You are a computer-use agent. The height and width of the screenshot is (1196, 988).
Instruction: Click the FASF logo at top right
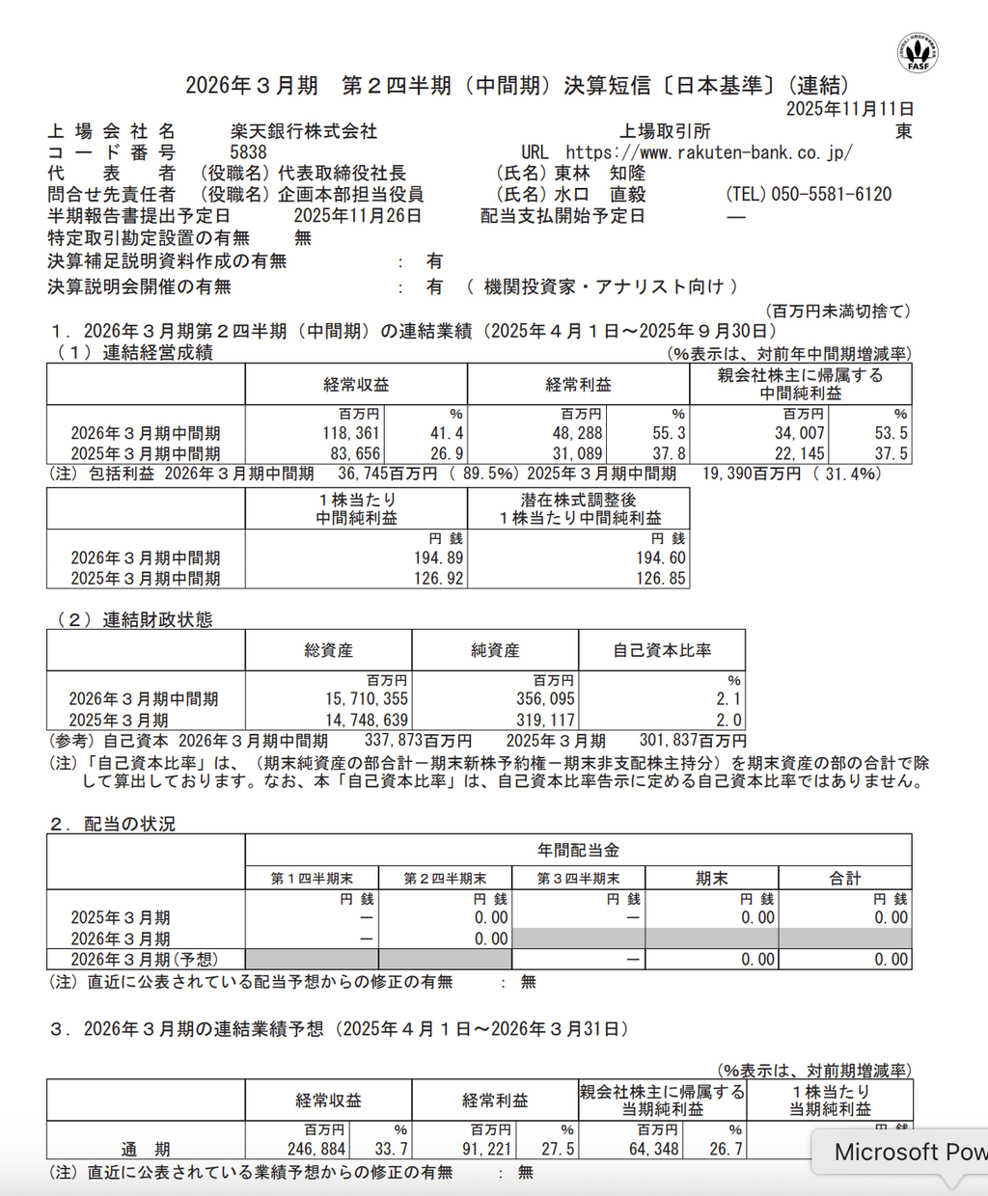[917, 52]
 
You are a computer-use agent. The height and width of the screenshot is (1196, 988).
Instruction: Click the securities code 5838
[248, 152]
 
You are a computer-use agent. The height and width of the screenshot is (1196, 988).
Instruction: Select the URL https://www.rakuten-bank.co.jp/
[708, 152]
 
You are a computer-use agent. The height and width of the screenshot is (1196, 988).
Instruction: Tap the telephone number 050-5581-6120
[831, 195]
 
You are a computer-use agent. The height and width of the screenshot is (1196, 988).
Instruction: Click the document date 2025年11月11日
[849, 109]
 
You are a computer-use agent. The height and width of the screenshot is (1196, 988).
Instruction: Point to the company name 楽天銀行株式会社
[303, 131]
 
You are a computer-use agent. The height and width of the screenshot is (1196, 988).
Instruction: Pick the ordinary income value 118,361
[351, 434]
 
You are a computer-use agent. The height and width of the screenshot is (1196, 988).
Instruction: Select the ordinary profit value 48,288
[577, 434]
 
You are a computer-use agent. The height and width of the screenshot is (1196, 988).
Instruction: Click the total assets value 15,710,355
[367, 699]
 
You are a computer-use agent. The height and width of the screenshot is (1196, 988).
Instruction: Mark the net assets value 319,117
[545, 720]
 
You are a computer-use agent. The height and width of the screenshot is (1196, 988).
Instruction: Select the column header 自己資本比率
[662, 651]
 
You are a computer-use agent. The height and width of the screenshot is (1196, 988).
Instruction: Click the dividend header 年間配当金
[578, 850]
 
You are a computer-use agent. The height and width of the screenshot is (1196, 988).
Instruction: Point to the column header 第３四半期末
[578, 879]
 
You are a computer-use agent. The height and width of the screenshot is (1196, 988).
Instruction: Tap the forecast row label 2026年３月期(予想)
[145, 960]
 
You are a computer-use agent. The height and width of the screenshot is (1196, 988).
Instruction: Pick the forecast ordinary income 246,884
[317, 1150]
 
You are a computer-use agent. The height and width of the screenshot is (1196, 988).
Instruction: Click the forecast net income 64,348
[652, 1150]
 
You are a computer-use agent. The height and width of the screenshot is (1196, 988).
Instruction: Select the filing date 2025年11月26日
[357, 216]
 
